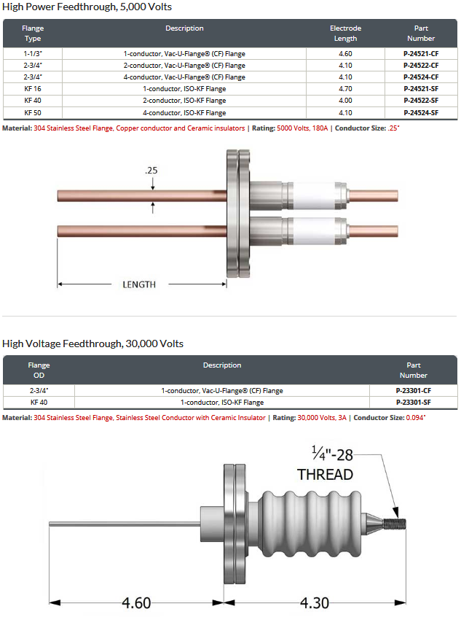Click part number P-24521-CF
pos(420,53)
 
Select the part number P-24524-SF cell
pos(420,113)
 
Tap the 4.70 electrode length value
pos(345,89)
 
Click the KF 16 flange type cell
pos(33,89)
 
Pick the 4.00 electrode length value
pos(345,101)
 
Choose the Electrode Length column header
pos(345,34)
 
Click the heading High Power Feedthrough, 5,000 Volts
pos(87,7)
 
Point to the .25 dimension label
pos(151,171)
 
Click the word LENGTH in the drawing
pos(139,284)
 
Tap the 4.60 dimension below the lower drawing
pos(136,603)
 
